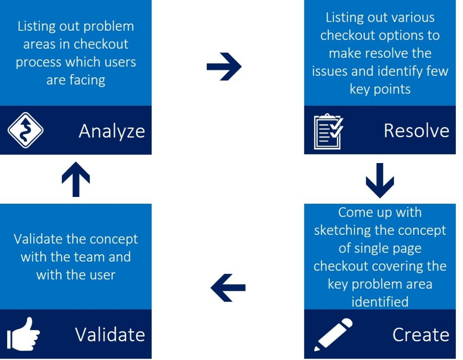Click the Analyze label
point(112,131)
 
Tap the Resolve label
point(416,131)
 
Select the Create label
point(421,335)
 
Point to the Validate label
point(110,335)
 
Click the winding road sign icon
point(25,130)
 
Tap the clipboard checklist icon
point(328,131)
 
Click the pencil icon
point(333,335)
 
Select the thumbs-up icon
point(24,334)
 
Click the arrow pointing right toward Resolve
point(224,66)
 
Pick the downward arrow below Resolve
point(380,180)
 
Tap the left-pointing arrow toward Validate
point(228,288)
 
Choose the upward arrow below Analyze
point(76,179)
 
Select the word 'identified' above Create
point(380,302)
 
